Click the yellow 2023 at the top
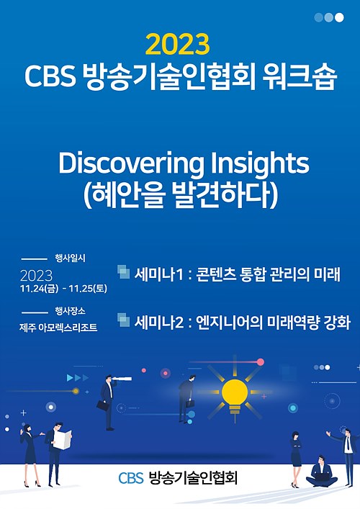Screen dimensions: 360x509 [178, 45]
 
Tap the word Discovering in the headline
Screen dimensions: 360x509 [132, 164]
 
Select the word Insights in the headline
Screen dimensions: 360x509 [261, 164]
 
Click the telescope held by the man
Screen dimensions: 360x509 [122, 379]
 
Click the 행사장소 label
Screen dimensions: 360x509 [70, 311]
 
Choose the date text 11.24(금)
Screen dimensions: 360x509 [39, 289]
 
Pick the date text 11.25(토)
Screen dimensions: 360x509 [88, 289]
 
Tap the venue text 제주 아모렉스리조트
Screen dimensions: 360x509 [58, 328]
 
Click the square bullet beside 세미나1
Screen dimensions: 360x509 [123, 271]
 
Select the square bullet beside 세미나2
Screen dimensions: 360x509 [123, 320]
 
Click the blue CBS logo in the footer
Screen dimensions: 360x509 [131, 478]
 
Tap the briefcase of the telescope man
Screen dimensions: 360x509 [102, 405]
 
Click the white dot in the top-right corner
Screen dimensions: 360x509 [339, 17]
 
